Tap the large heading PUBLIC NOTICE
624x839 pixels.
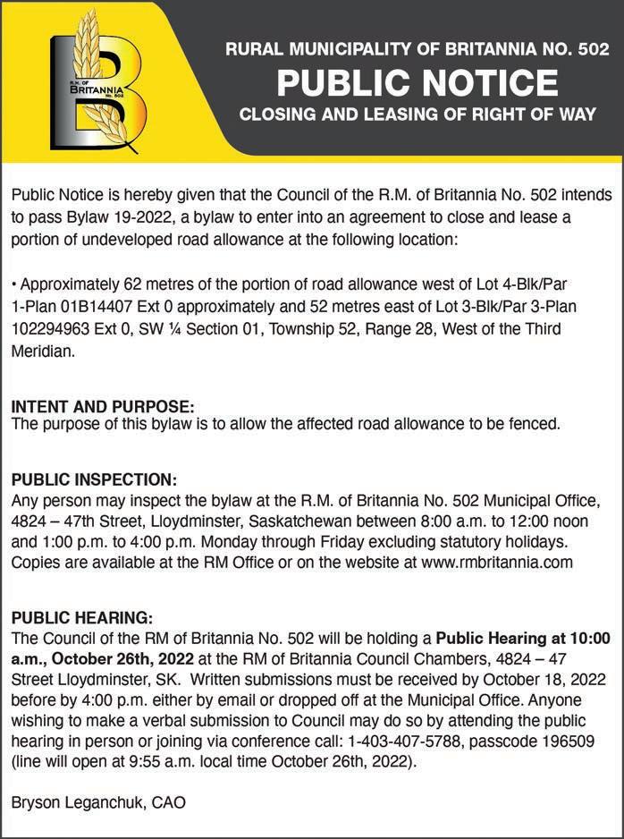417,84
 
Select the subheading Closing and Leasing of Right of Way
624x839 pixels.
417,115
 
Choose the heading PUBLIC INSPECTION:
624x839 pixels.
94,480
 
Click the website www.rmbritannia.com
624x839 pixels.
489,562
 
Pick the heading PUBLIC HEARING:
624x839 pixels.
82,618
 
